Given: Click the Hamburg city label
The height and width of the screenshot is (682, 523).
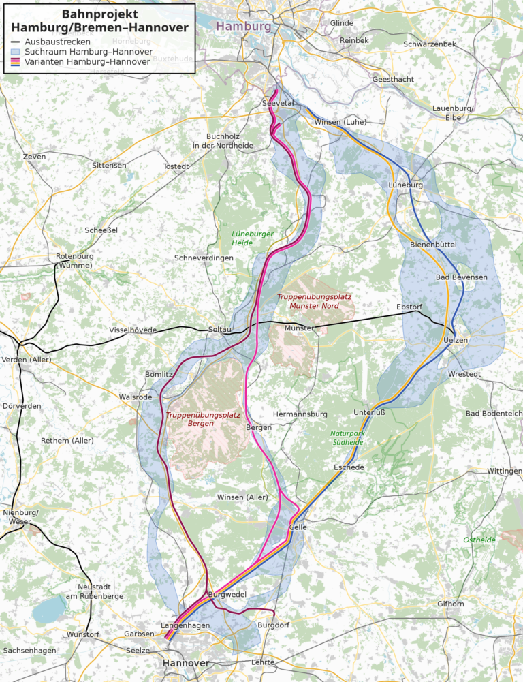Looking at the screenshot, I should (x=244, y=26).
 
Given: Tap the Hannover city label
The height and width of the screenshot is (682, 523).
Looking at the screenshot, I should (x=185, y=663).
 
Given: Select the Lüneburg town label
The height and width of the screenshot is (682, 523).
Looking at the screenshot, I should (x=406, y=185).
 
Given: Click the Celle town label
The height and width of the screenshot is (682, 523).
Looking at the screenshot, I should (x=298, y=527).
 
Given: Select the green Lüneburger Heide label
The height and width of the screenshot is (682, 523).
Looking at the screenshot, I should (x=252, y=238).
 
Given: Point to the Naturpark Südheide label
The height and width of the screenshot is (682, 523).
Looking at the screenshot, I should (x=347, y=437).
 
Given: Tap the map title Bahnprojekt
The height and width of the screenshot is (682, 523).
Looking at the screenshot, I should (x=99, y=14).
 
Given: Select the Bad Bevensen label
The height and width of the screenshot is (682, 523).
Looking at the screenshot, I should (x=462, y=277).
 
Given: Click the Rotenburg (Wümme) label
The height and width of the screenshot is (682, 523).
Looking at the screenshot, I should (x=74, y=261).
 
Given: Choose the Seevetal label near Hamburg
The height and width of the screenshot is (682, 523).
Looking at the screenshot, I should (x=277, y=102).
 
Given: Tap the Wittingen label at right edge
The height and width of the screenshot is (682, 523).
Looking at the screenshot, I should (x=504, y=471).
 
